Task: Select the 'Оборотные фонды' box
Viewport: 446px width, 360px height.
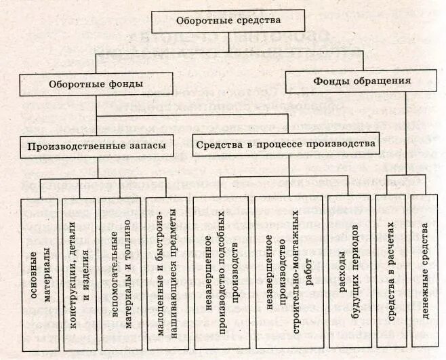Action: [96, 85]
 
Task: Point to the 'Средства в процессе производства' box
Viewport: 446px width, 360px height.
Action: [284, 144]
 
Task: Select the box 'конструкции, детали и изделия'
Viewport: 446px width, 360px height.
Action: [79, 271]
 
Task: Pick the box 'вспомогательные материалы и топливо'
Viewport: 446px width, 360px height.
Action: [117, 271]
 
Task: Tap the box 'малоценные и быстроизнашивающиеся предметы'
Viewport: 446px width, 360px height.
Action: [165, 271]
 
